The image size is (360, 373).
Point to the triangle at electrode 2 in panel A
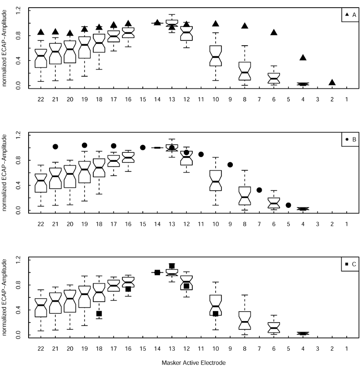tap(332, 82)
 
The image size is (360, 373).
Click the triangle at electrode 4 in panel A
tap(303, 58)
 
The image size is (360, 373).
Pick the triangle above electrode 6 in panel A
tap(274, 32)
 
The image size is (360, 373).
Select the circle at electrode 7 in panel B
tap(260, 190)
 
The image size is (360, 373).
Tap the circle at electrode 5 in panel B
tap(289, 205)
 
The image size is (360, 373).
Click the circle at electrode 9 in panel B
tap(230, 165)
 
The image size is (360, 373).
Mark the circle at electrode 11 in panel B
tap(201, 154)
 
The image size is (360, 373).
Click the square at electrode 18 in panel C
tap(99, 314)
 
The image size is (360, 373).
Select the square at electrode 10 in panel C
tap(216, 314)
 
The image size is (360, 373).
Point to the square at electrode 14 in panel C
tap(157, 272)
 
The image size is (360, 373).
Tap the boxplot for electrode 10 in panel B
tap(216, 181)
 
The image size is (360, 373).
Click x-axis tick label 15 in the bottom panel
tap(142, 349)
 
